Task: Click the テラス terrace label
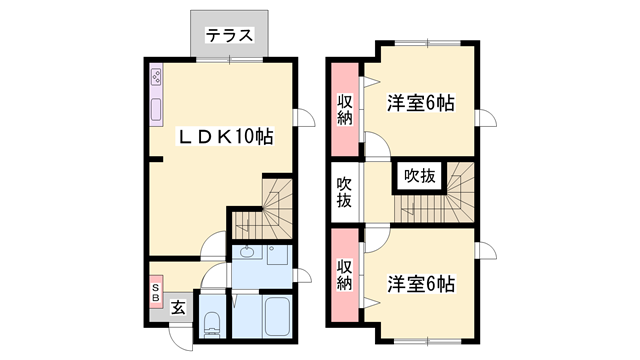click(x=229, y=36)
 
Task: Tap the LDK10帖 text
click(x=226, y=136)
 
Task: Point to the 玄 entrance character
click(x=177, y=308)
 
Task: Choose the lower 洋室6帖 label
click(x=421, y=284)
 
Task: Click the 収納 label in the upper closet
click(x=344, y=108)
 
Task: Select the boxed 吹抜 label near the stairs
click(x=419, y=176)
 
